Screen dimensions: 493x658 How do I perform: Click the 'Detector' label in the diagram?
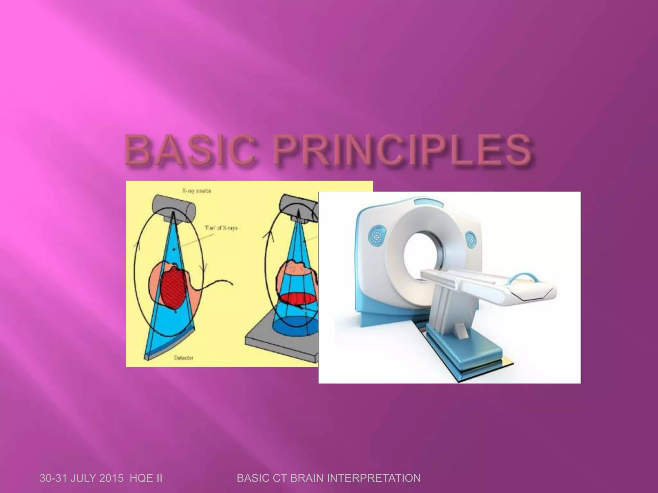tap(183, 357)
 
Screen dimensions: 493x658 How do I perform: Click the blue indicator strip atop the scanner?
tap(424, 202)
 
